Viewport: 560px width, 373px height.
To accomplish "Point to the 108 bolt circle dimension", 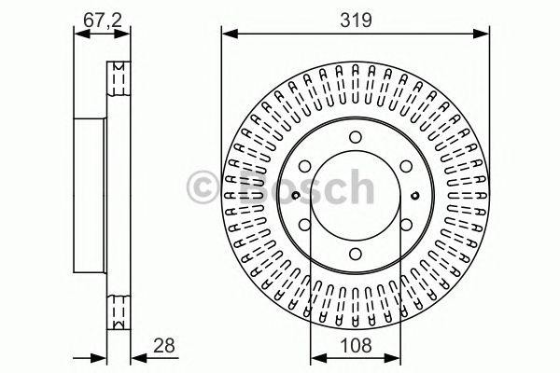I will click(356, 347).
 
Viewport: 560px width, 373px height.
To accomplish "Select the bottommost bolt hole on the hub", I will click(356, 254).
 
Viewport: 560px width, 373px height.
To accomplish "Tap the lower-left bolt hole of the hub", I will click(305, 225).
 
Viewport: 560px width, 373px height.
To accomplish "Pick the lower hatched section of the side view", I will click(119, 309).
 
